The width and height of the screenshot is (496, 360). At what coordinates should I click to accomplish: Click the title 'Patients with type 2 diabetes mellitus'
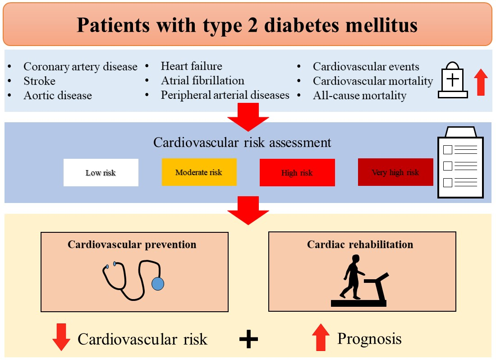pos(247,24)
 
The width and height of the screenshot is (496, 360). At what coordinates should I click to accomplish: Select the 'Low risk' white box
pos(101,172)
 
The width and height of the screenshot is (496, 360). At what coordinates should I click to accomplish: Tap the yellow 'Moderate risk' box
pos(199,172)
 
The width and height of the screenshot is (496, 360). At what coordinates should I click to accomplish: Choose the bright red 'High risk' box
pos(297,172)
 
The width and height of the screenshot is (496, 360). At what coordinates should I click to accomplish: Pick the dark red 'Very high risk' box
pos(395,172)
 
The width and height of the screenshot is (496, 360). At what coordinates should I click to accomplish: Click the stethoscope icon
pos(133,279)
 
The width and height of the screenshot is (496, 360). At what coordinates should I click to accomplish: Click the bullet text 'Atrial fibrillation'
pos(202,81)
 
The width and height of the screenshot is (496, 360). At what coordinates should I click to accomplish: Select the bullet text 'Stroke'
pos(40,81)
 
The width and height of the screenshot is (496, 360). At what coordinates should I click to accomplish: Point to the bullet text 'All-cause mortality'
pos(359,96)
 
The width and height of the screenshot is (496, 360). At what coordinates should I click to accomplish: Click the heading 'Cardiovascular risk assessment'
pos(242,143)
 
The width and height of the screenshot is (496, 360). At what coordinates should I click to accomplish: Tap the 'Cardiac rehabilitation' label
pos(360,245)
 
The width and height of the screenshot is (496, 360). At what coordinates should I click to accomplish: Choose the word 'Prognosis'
pos(369,338)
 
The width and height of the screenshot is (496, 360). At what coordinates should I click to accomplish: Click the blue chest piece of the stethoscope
pos(158,283)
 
